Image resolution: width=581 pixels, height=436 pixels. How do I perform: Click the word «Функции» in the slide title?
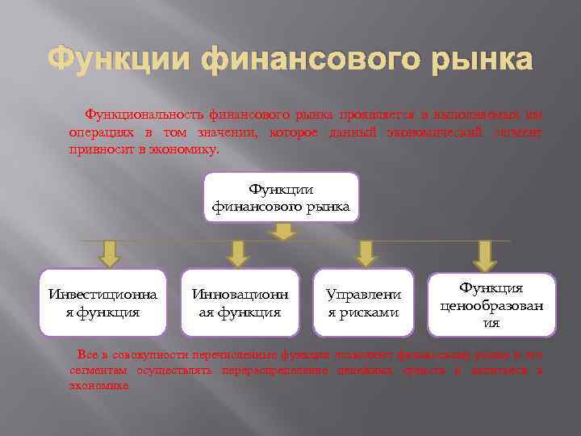(119, 61)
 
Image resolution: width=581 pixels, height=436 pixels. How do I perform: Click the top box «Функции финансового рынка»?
(281, 198)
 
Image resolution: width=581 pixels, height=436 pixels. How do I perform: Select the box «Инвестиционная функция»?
(102, 302)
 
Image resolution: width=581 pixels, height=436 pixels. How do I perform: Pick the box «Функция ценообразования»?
(491, 304)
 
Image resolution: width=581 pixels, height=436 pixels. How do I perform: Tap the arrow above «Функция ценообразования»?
(484, 255)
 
